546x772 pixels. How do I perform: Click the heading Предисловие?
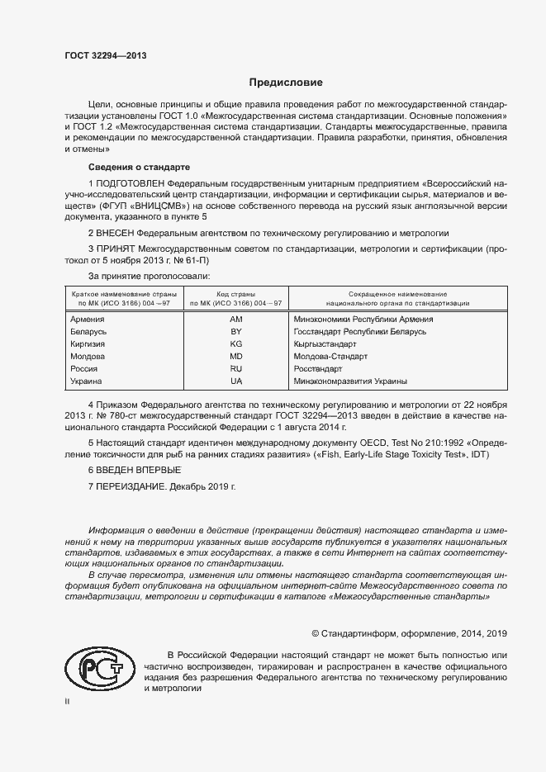(x=287, y=83)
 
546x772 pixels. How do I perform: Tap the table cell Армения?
(x=88, y=319)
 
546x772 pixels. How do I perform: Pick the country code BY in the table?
(x=235, y=331)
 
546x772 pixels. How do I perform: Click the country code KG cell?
(x=235, y=343)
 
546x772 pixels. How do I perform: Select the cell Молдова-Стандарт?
(x=330, y=356)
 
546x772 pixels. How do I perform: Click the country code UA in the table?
(x=235, y=381)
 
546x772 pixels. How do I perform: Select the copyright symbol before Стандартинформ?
(x=316, y=633)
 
